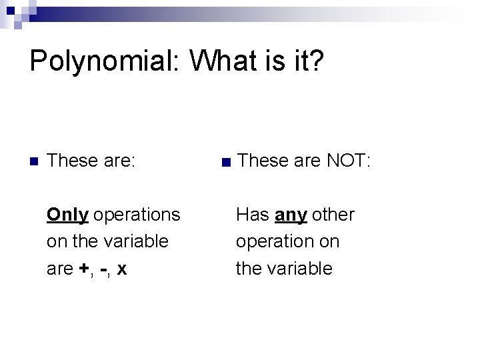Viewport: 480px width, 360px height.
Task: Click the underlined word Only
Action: click(67, 215)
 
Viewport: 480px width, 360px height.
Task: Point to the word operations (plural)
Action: click(137, 215)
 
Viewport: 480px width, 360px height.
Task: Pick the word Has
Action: click(252, 215)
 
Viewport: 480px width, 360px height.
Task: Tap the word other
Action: click(333, 215)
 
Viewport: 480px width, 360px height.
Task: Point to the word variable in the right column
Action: click(300, 269)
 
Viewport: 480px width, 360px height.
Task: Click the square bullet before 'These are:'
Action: click(34, 161)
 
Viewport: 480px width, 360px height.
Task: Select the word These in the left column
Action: click(73, 161)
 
